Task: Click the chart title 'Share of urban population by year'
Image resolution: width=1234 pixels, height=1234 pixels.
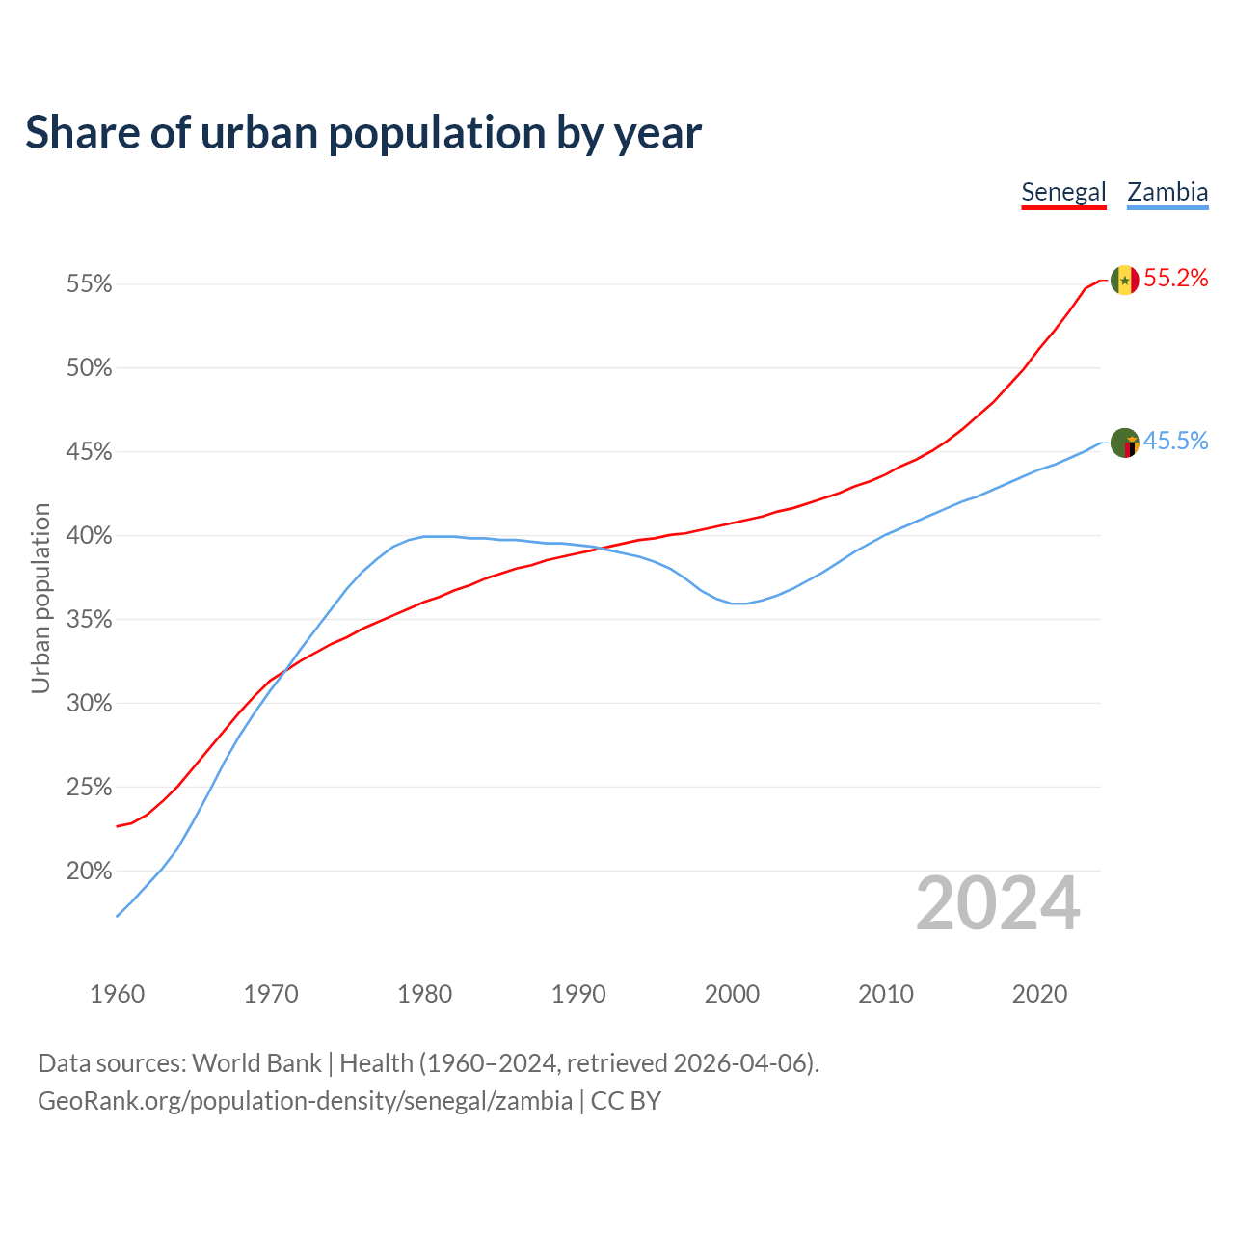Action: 363,133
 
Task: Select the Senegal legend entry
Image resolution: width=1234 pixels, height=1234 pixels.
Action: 1063,192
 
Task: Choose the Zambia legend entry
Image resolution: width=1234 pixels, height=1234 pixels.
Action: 1167,192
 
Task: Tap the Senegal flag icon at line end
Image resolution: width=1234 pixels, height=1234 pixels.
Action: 1125,280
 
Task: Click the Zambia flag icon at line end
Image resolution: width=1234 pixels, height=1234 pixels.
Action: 1125,443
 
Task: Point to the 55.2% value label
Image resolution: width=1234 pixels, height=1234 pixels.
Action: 1175,279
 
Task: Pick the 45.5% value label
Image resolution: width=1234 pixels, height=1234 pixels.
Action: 1175,442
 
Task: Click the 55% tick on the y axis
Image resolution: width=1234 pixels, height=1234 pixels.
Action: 90,284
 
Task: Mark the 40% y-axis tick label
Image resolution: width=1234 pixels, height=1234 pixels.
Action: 90,536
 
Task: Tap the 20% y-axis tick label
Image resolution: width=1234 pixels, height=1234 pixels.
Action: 90,872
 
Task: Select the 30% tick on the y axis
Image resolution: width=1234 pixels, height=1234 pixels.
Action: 90,704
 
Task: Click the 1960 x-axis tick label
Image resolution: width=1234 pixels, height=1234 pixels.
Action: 117,994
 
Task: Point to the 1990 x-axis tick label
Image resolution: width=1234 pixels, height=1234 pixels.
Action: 578,994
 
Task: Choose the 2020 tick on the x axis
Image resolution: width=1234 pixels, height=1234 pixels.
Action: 1039,994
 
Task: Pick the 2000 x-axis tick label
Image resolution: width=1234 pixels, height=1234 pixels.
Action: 732,994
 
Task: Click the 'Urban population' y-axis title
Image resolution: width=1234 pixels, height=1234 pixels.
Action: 40,598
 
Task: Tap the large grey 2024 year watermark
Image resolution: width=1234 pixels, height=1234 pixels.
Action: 998,903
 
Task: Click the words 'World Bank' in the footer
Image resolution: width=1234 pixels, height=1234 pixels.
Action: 256,1063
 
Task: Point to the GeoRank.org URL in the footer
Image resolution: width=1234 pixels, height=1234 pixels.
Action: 305,1101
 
